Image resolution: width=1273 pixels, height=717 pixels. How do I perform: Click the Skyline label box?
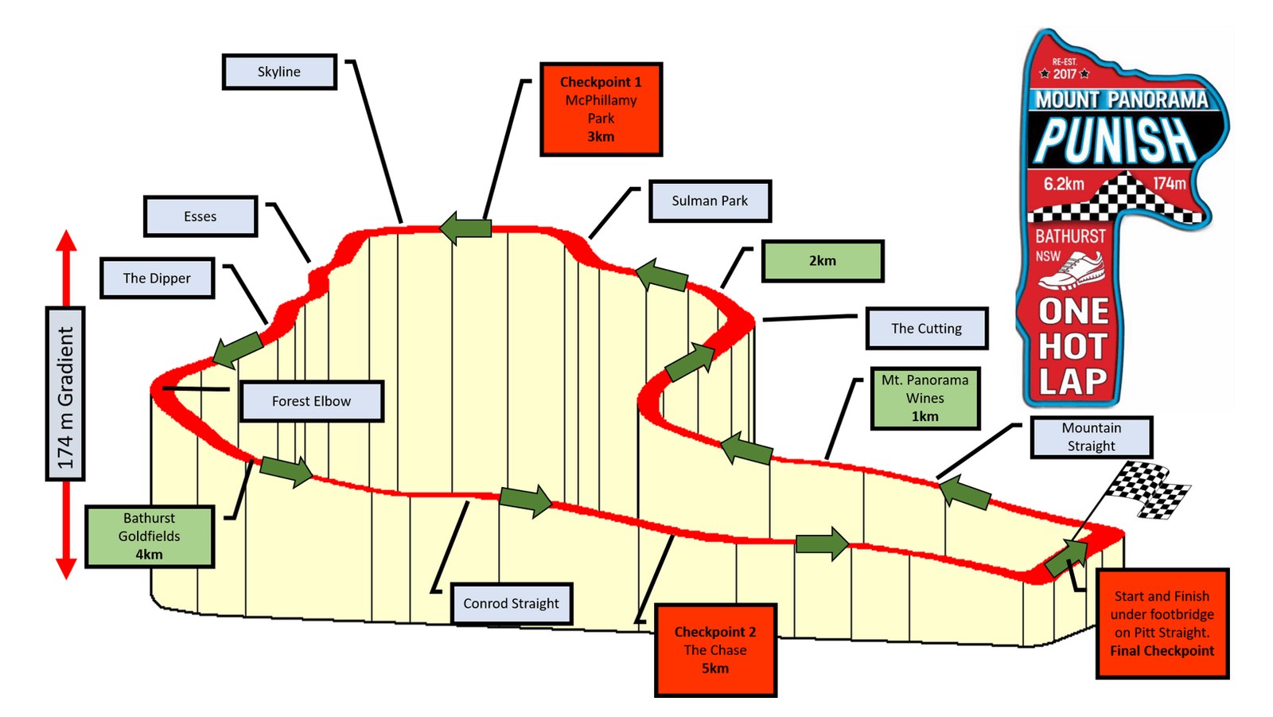pyautogui.click(x=279, y=72)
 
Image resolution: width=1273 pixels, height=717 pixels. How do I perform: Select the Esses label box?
pyautogui.click(x=200, y=216)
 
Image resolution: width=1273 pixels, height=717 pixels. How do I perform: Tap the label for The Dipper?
pyautogui.click(x=158, y=278)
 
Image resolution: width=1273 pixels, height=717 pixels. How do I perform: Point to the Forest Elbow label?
pyautogui.click(x=311, y=401)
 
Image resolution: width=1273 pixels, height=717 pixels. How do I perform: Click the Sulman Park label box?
pyautogui.click(x=710, y=201)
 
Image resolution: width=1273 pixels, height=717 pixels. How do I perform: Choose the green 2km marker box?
pyautogui.click(x=823, y=261)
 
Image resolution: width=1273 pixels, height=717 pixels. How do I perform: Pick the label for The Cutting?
pyautogui.click(x=926, y=328)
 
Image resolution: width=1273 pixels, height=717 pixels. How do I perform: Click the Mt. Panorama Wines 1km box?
pyautogui.click(x=925, y=398)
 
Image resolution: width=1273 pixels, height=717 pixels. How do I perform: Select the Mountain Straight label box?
pyautogui.click(x=1091, y=437)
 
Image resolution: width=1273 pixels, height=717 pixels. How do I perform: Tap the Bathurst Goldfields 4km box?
pyautogui.click(x=150, y=536)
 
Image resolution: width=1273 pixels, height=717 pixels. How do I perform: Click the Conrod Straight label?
pyautogui.click(x=512, y=603)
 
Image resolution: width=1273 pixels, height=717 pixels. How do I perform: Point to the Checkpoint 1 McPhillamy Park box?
pyautogui.click(x=601, y=109)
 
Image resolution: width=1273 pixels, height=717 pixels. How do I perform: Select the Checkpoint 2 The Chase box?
pyautogui.click(x=715, y=650)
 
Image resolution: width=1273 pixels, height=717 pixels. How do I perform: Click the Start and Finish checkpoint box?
pyautogui.click(x=1162, y=623)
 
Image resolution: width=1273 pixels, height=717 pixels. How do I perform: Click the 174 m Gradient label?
pyautogui.click(x=65, y=394)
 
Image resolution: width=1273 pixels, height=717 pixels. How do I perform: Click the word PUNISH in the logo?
pyautogui.click(x=1115, y=139)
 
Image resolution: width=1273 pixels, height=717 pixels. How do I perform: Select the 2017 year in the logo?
pyautogui.click(x=1065, y=74)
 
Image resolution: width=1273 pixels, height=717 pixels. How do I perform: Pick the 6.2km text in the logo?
pyautogui.click(x=1064, y=185)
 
